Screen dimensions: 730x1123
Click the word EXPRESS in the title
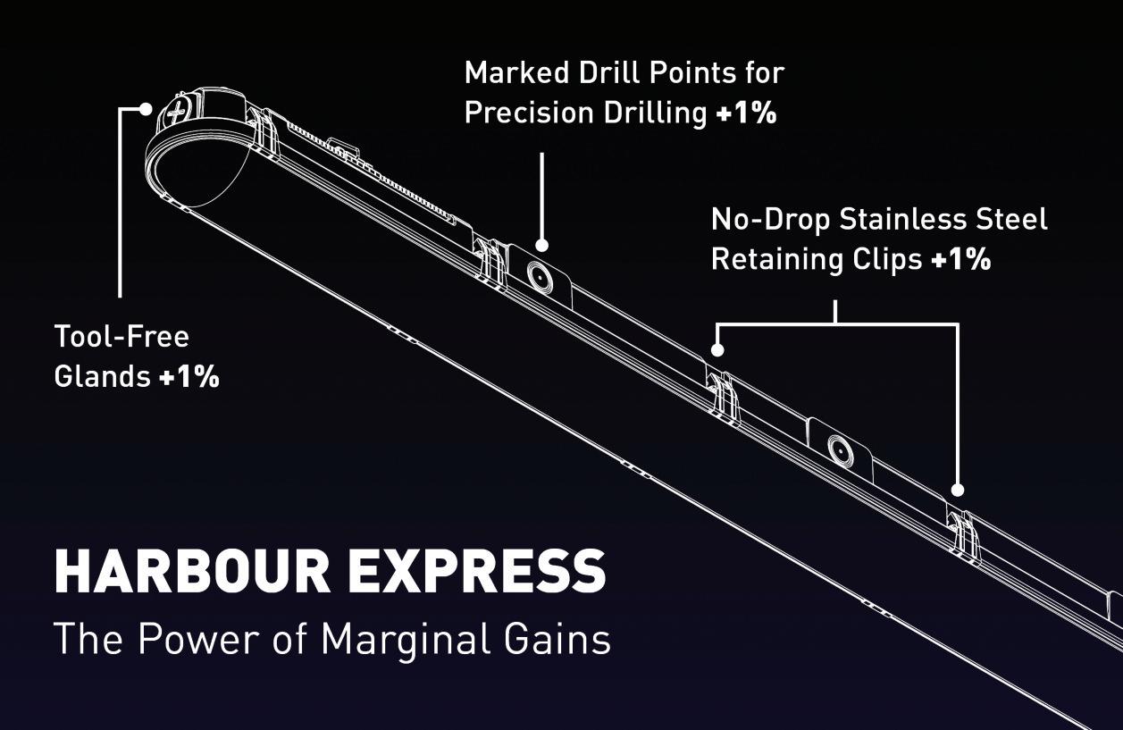(477, 572)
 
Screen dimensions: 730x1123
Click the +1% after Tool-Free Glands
(189, 377)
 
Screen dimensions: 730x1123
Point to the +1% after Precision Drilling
(746, 113)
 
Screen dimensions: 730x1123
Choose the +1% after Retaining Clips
(960, 259)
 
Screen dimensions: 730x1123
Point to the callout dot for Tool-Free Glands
(147, 109)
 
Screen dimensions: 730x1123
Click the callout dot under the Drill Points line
(541, 245)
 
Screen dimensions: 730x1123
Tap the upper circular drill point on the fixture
(540, 276)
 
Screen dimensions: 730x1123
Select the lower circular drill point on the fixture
(840, 450)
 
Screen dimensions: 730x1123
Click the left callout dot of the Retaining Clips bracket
(716, 350)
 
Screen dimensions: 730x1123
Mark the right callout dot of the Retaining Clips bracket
(957, 490)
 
